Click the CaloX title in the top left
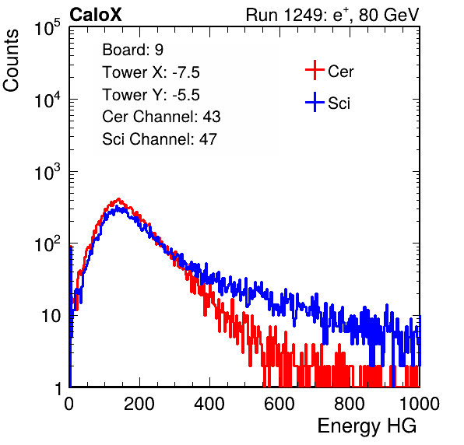(96, 15)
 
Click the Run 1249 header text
(332, 15)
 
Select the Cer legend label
(340, 72)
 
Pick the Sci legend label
(339, 103)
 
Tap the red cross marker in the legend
(315, 70)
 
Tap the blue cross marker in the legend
(315, 102)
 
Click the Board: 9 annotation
(132, 50)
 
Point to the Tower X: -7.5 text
(151, 72)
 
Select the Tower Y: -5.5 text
(151, 95)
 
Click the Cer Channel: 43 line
(161, 117)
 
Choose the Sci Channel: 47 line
(160, 139)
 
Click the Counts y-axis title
(11, 61)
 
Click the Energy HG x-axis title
(367, 426)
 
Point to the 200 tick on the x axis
(139, 404)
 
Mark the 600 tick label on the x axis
(279, 404)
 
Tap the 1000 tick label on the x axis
(420, 404)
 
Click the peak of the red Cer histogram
(118, 199)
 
